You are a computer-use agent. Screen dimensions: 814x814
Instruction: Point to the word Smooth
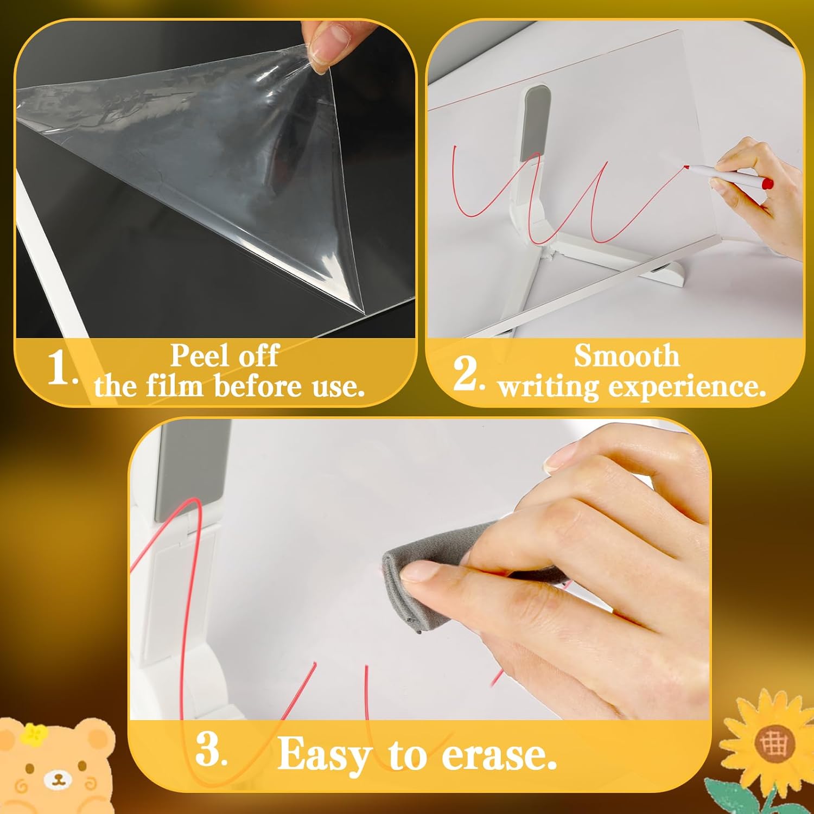click(x=626, y=356)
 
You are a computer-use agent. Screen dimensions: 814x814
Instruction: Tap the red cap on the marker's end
click(x=767, y=185)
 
